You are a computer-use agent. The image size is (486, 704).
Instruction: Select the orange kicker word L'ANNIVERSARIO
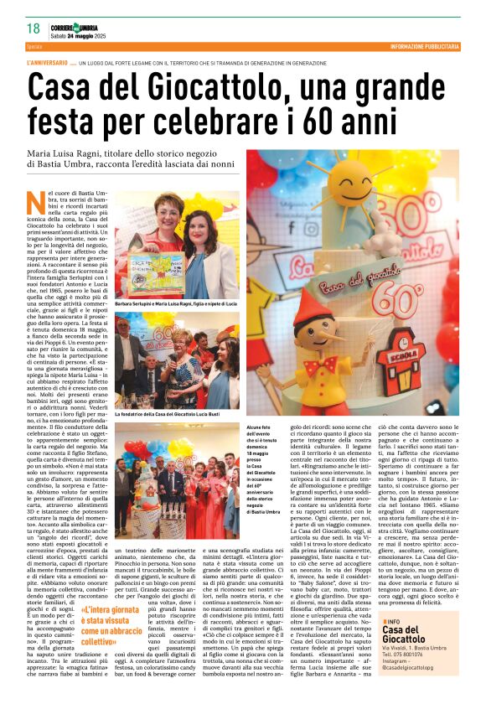click(x=48, y=63)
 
